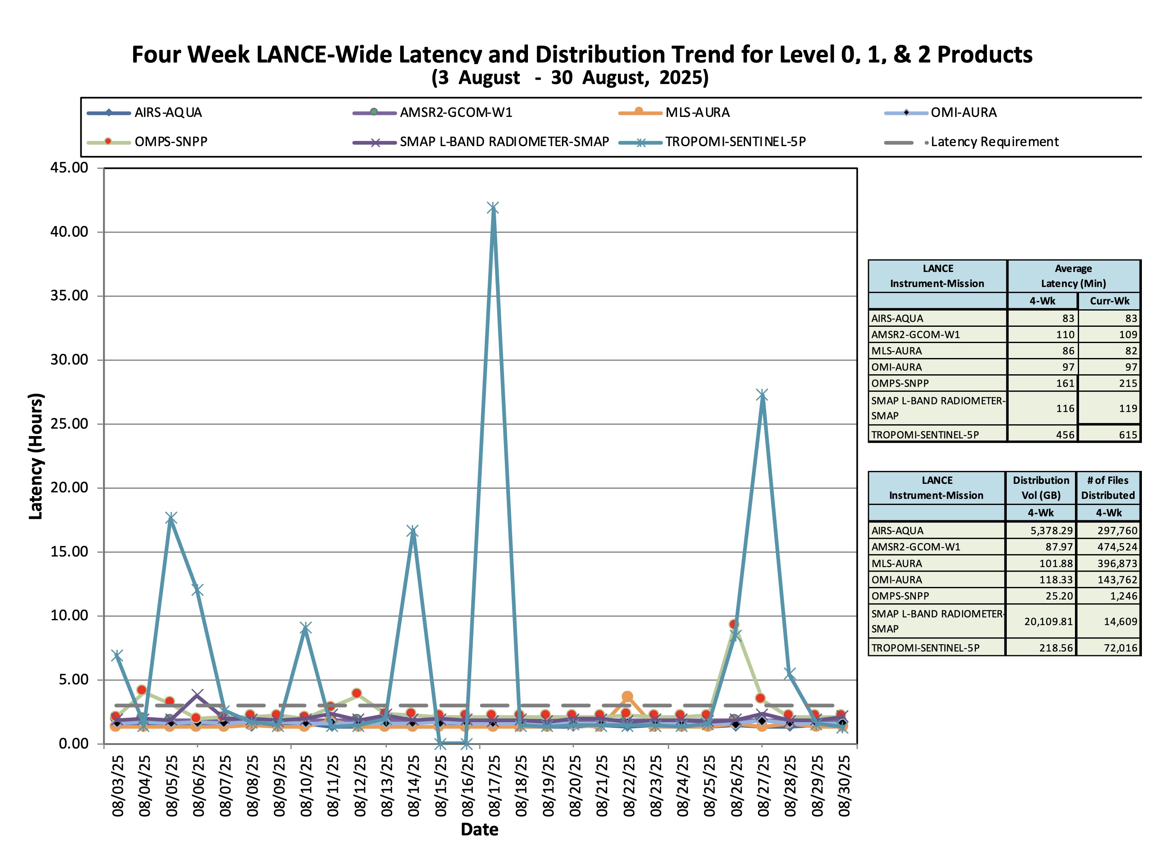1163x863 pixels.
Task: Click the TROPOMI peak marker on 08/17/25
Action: pyautogui.click(x=493, y=208)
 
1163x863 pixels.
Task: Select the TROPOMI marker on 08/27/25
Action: pyautogui.click(x=762, y=395)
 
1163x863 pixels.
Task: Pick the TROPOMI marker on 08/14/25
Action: pyautogui.click(x=413, y=531)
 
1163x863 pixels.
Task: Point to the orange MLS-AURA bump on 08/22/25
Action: pyautogui.click(x=627, y=696)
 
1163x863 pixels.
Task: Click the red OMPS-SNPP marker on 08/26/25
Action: pyautogui.click(x=734, y=624)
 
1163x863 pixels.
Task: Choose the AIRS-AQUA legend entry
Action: pyautogui.click(x=168, y=112)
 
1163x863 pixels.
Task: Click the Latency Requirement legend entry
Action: pyautogui.click(x=994, y=142)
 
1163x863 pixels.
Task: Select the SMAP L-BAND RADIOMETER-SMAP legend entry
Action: pyautogui.click(x=504, y=142)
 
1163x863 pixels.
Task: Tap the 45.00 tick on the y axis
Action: pyautogui.click(x=69, y=168)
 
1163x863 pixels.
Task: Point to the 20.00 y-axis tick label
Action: pyautogui.click(x=69, y=488)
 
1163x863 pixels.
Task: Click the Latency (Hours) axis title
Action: pyautogui.click(x=36, y=456)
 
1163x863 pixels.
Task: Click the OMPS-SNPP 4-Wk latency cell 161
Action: pyautogui.click(x=1065, y=384)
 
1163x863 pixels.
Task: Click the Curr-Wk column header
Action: pyautogui.click(x=1109, y=301)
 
